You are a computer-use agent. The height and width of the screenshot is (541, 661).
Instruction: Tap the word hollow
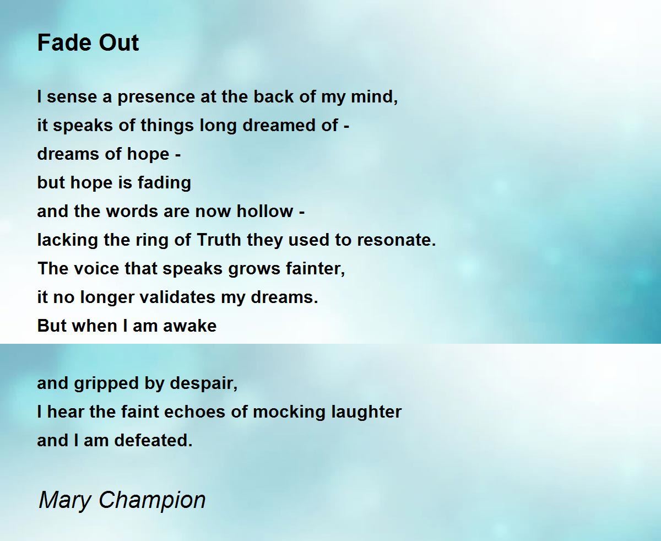pyautogui.click(x=265, y=211)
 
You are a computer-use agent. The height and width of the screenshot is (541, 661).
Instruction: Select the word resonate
pyautogui.click(x=397, y=240)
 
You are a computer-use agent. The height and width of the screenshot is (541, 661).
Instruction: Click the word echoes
pyautogui.click(x=194, y=412)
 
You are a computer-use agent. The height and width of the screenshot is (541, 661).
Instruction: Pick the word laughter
pyautogui.click(x=366, y=413)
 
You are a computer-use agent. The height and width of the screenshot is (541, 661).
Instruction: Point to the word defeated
pyautogui.click(x=153, y=440)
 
